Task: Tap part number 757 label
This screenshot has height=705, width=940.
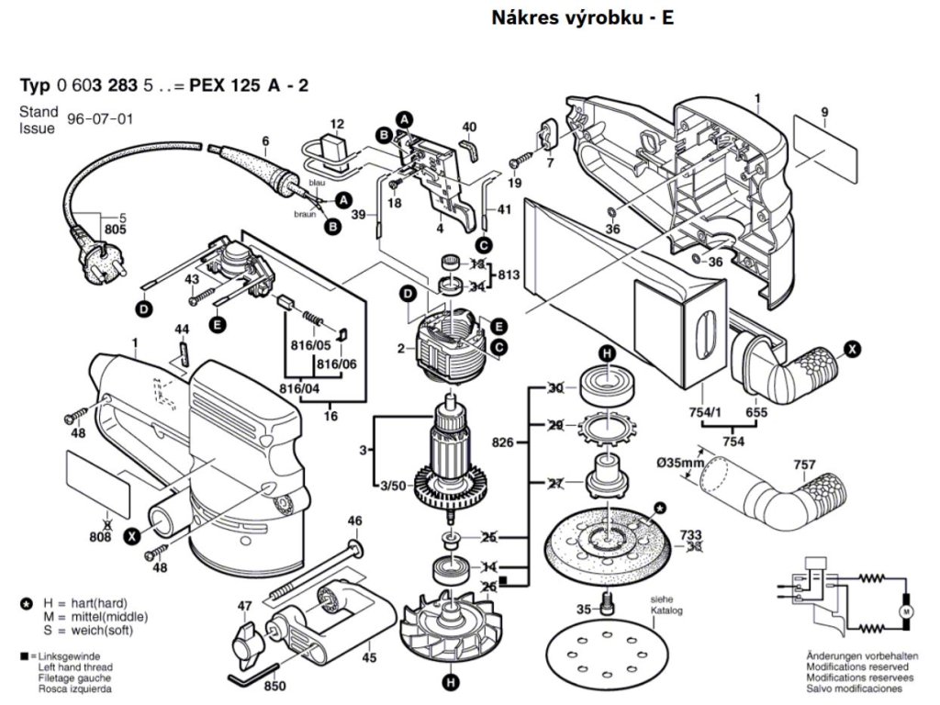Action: click(x=804, y=465)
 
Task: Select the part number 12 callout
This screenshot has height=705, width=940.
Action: click(x=337, y=124)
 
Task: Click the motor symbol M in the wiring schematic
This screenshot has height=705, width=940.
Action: click(x=905, y=610)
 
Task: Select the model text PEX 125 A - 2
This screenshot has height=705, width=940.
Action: click(x=249, y=85)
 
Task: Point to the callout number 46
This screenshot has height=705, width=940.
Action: click(x=354, y=522)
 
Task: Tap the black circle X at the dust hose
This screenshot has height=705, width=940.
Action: click(x=853, y=349)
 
